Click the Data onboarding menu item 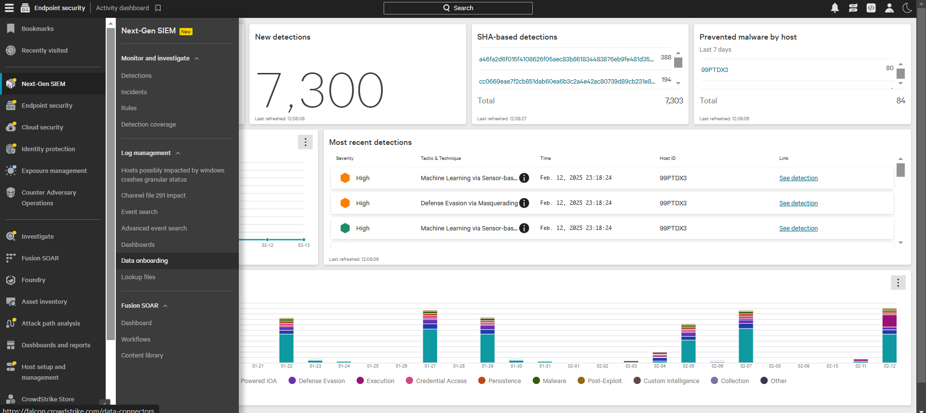(x=144, y=261)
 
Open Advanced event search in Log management (x=153, y=228)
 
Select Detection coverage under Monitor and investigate (x=148, y=125)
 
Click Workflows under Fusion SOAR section (x=136, y=340)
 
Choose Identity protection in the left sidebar (x=48, y=149)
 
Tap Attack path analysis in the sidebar (x=51, y=324)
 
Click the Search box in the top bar (x=458, y=8)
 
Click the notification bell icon (x=835, y=8)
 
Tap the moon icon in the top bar (x=907, y=8)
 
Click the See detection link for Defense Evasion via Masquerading (x=798, y=203)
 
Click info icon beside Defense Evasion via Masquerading (x=524, y=203)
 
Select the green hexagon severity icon (x=345, y=228)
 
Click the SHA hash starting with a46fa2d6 (x=566, y=59)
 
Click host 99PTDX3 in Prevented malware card (x=714, y=70)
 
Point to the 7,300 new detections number (x=319, y=91)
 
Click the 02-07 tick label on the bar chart (x=746, y=366)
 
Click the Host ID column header (x=667, y=158)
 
